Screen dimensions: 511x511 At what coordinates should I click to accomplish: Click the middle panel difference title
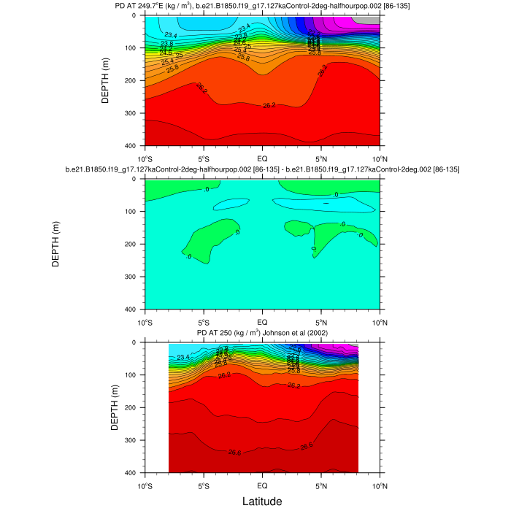pyautogui.click(x=262, y=169)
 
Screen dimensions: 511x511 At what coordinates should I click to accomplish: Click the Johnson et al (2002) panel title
pyautogui.click(x=262, y=333)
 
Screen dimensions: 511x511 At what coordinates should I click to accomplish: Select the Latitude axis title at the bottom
pyautogui.click(x=262, y=502)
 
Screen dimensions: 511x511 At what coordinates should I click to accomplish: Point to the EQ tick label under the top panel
pyautogui.click(x=262, y=158)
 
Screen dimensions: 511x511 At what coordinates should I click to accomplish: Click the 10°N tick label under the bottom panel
pyautogui.click(x=380, y=485)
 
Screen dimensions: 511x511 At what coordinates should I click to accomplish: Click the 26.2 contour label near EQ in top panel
pyautogui.click(x=269, y=106)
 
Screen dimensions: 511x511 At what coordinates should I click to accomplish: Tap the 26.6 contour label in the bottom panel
pyautogui.click(x=235, y=453)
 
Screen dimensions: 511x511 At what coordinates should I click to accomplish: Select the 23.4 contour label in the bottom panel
pyautogui.click(x=182, y=357)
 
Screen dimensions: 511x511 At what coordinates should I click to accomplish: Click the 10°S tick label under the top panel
pyautogui.click(x=145, y=158)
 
